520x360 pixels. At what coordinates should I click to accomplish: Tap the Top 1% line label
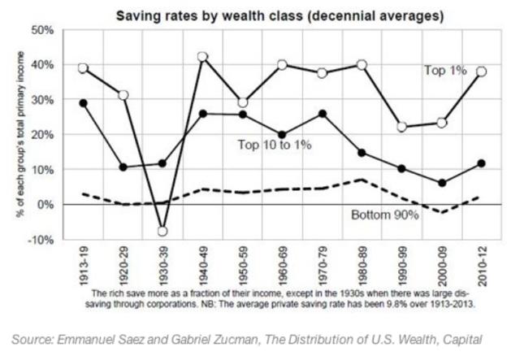click(x=445, y=71)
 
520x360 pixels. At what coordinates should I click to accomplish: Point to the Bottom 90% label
click(x=384, y=216)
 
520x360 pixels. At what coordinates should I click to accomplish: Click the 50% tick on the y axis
click(x=41, y=29)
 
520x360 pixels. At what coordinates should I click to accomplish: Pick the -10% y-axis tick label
click(x=41, y=241)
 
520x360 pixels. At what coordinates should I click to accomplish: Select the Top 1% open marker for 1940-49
click(x=202, y=57)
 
